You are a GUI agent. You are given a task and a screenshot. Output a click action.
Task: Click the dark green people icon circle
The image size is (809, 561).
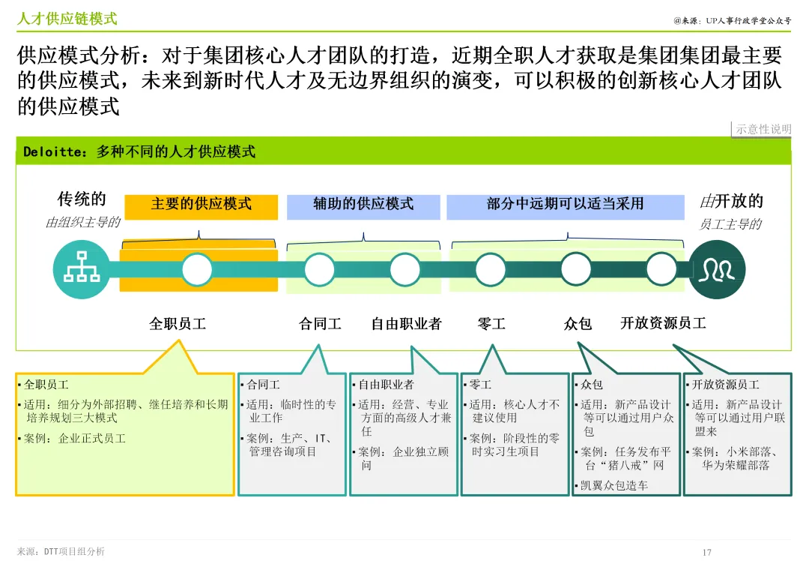point(718,269)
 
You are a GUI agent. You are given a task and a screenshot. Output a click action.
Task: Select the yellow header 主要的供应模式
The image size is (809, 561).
point(201,203)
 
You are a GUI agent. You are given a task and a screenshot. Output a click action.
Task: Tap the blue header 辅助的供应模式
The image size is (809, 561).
point(363,203)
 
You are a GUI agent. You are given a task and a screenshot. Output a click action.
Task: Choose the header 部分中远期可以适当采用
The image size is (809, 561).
point(565,203)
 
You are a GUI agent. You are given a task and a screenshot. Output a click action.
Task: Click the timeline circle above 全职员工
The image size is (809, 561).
point(198,269)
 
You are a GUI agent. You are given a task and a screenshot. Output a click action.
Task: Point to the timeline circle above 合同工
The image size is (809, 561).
point(320,269)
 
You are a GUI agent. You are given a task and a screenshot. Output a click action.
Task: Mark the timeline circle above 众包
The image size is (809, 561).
point(576,269)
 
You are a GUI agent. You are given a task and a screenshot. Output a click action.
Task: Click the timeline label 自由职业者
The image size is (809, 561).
point(406,323)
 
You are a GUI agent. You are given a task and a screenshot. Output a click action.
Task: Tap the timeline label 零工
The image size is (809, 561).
point(491,323)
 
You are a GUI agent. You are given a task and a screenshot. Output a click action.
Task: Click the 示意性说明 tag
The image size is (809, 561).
point(763,129)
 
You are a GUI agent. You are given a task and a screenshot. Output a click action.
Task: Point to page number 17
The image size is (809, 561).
point(706,553)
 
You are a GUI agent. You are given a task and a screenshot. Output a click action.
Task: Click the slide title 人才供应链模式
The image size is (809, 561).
point(67,19)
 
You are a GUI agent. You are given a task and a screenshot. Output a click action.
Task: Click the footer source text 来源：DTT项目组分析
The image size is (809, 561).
point(61,552)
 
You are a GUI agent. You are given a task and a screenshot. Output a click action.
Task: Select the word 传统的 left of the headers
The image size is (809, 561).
point(82,199)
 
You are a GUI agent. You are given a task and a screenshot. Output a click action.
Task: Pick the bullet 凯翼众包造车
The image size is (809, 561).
point(614,485)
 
